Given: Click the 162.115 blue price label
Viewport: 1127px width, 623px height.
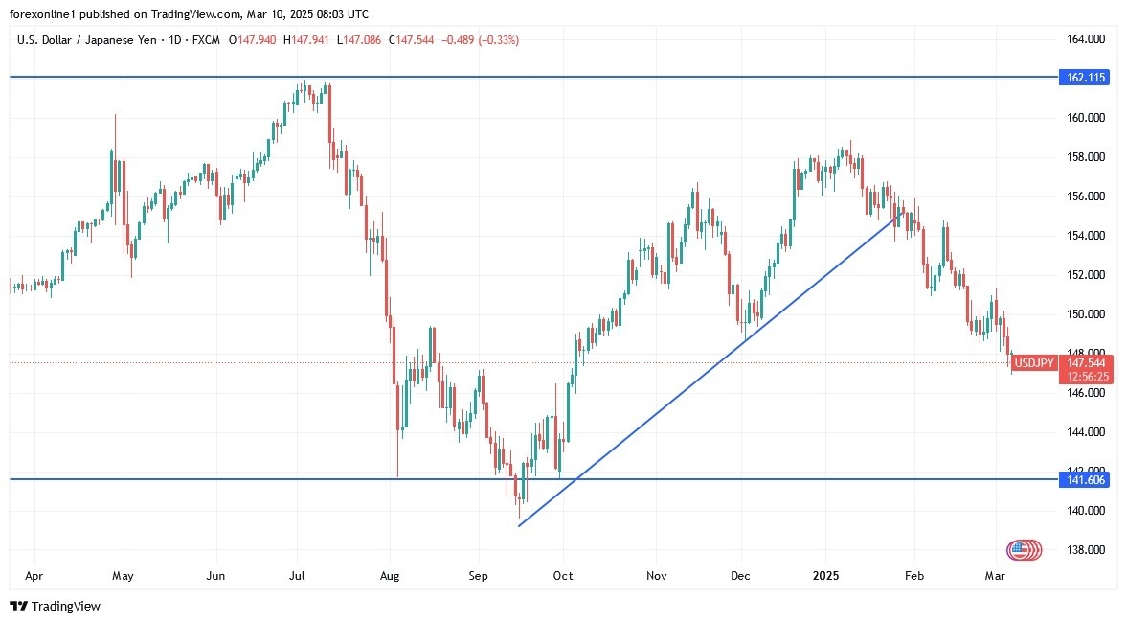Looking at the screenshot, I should [x=1084, y=78].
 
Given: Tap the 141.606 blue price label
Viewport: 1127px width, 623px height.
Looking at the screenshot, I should [x=1084, y=479].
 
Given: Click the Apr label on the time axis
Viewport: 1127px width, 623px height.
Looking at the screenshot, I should [x=34, y=577].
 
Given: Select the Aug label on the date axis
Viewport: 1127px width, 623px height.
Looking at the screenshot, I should [x=389, y=577].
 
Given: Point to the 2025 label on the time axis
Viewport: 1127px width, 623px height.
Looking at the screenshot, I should [x=825, y=577].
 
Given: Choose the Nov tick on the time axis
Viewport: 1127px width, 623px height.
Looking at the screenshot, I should [x=656, y=577].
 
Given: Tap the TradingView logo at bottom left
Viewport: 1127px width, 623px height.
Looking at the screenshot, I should [x=55, y=606].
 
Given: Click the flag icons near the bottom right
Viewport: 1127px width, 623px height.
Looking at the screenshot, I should [x=1023, y=550].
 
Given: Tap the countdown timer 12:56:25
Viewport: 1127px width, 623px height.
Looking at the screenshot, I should [x=1084, y=377].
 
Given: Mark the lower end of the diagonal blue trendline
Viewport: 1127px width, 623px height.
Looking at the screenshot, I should [x=519, y=525].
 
